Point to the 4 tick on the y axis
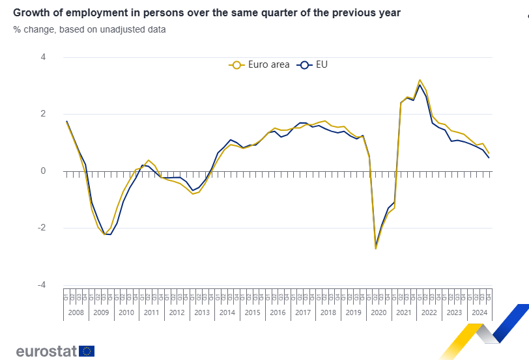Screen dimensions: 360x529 coord(43,57)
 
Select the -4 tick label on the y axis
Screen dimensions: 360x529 coord(42,285)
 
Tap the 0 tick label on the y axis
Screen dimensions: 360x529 coord(43,171)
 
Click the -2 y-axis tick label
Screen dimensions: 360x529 coord(42,228)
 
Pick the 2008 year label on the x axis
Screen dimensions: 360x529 coord(76,312)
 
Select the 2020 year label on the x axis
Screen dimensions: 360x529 coord(378,312)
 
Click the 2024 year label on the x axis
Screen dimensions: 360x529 coord(479,312)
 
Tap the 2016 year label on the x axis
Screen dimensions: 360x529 coord(278,312)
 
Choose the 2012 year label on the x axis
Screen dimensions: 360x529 coord(177,312)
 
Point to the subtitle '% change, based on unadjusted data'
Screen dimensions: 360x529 coord(89,29)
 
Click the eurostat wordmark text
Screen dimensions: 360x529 coord(46,352)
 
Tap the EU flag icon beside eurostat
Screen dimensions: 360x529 coord(87,351)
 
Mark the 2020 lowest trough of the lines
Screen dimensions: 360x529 coord(376,248)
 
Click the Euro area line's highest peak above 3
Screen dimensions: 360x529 coord(420,80)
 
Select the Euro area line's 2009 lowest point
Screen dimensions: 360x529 coord(104,234)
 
